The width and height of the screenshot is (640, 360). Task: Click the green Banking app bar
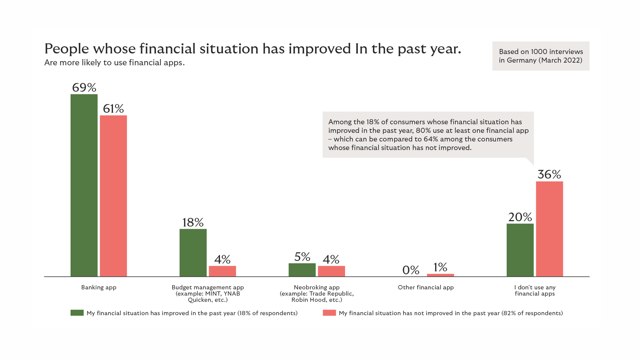coord(84,185)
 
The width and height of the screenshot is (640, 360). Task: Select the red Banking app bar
coord(113,196)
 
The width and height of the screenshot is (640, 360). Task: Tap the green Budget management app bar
coord(193,253)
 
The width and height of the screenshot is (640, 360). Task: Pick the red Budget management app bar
coord(222,271)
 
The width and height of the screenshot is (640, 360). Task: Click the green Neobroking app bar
coord(302,270)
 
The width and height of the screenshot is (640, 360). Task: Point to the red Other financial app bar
coord(440,275)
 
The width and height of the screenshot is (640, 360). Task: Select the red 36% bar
coord(549,229)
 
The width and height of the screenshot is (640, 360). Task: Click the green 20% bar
coord(520,250)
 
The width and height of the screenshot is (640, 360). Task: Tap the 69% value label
coord(84,88)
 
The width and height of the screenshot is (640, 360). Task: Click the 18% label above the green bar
coord(193,222)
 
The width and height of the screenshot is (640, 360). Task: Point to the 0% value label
coord(411,270)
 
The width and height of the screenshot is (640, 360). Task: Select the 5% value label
coord(302,257)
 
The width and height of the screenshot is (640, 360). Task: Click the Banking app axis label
coord(99,287)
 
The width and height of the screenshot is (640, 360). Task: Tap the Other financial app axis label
coord(426,287)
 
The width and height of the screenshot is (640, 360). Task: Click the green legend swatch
coord(77,313)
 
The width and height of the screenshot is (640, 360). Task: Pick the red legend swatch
coord(329,313)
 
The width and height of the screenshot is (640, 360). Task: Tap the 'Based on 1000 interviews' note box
coord(541,56)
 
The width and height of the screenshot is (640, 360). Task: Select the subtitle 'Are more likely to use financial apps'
coord(114,63)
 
